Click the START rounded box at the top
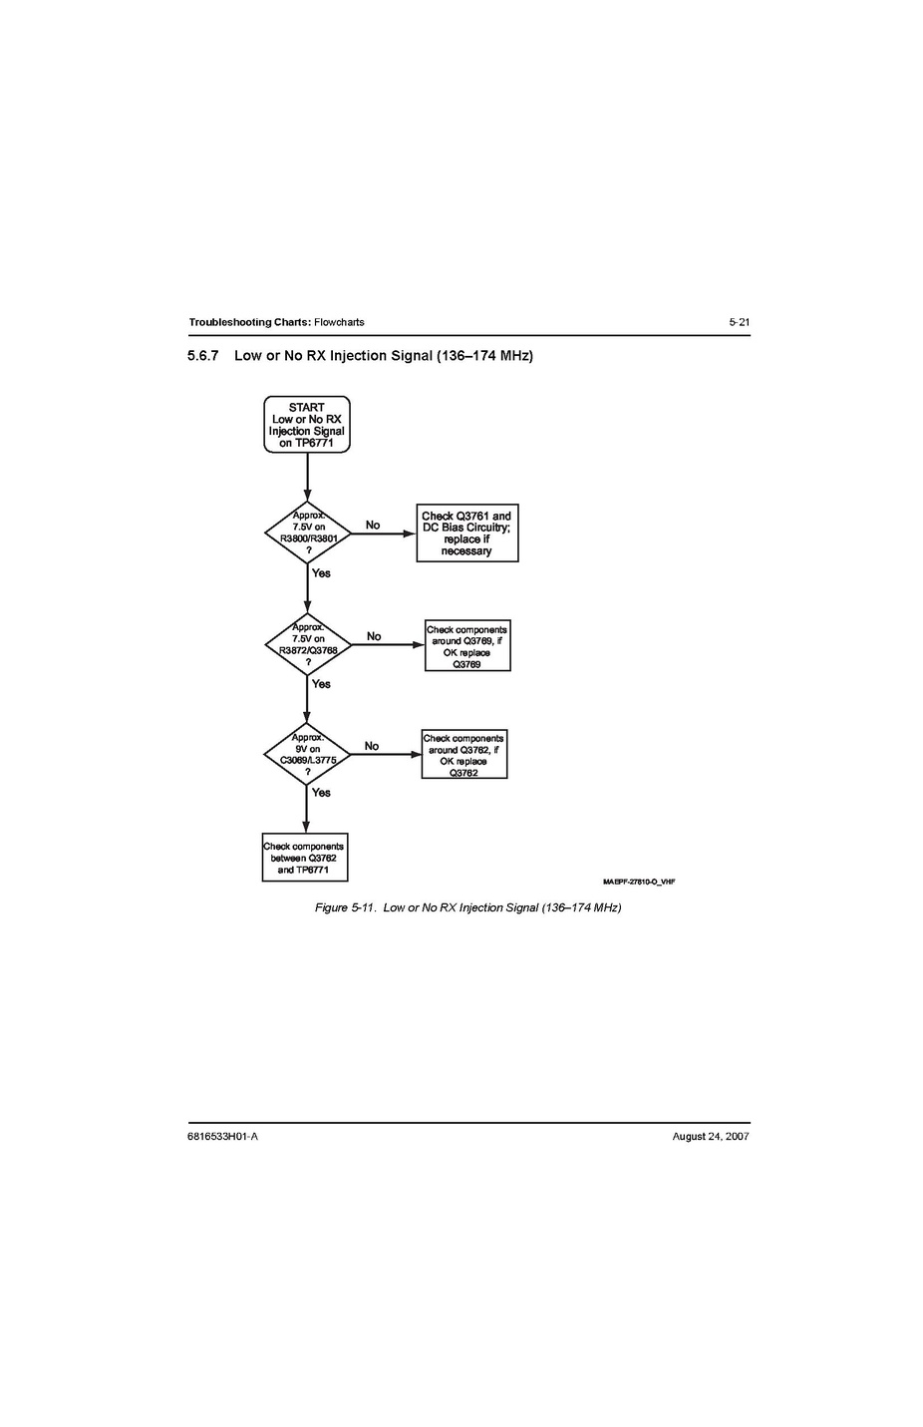pyautogui.click(x=307, y=424)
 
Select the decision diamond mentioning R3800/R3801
pyautogui.click(x=308, y=534)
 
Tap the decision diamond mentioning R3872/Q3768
pyautogui.click(x=308, y=644)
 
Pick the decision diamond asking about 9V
pyautogui.click(x=307, y=754)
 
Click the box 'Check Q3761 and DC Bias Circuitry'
pyautogui.click(x=467, y=534)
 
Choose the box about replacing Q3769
pyautogui.click(x=467, y=645)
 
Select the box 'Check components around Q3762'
pyautogui.click(x=464, y=754)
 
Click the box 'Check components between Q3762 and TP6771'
pyautogui.click(x=305, y=858)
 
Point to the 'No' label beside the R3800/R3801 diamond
pyautogui.click(x=373, y=525)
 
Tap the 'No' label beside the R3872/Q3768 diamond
pyautogui.click(x=374, y=636)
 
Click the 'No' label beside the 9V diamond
pyautogui.click(x=372, y=746)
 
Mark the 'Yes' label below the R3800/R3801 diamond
pyautogui.click(x=322, y=573)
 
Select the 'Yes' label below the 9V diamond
pyautogui.click(x=322, y=793)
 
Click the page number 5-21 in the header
pyautogui.click(x=739, y=322)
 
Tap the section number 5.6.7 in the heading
pyautogui.click(x=203, y=355)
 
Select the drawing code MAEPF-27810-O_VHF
pyautogui.click(x=639, y=882)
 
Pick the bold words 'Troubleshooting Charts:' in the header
pyautogui.click(x=249, y=322)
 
